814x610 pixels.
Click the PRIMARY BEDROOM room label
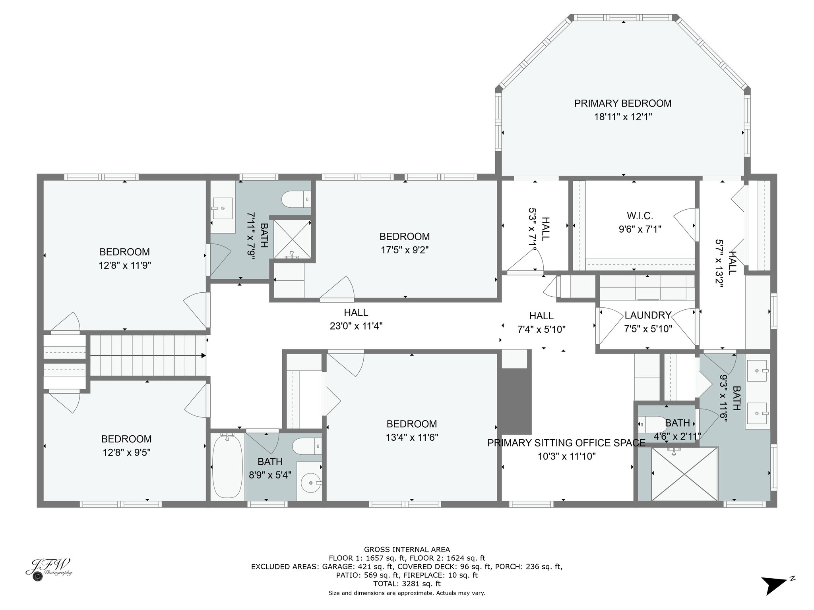pos(623,103)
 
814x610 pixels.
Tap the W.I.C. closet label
pos(640,216)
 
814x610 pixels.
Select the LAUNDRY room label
pos(648,315)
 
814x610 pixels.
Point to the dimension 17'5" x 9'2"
pos(405,250)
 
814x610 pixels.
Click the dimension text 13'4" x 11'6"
pos(412,437)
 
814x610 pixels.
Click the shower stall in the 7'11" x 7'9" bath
pos(293,239)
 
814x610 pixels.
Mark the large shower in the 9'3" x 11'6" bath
pos(684,474)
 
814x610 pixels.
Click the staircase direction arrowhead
pos(203,355)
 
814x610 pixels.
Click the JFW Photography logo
pos(48,570)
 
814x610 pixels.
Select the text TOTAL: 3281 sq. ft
pos(407,584)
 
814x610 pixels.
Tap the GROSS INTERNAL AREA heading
pos(407,550)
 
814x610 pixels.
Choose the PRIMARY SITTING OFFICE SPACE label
pos(566,443)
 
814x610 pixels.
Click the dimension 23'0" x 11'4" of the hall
pos(356,326)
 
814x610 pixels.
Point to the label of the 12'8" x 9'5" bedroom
pos(126,439)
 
